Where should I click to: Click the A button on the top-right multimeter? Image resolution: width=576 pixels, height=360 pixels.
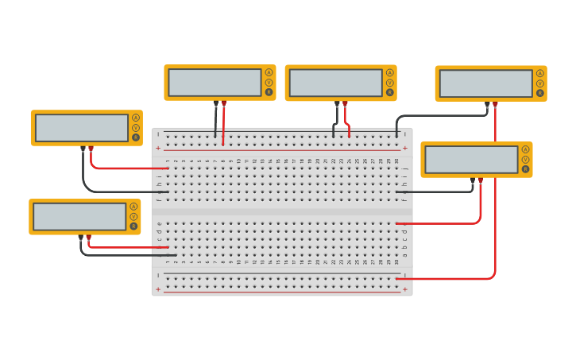click(x=540, y=73)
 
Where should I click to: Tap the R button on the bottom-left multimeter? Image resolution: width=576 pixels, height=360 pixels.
click(x=133, y=226)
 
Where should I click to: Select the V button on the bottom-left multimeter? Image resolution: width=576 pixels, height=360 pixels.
click(x=133, y=216)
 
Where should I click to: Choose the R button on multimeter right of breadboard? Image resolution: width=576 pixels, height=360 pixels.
click(x=525, y=168)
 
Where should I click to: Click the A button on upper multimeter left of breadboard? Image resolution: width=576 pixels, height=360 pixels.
click(x=136, y=118)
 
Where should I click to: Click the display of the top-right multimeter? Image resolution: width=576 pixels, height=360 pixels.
click(x=485, y=83)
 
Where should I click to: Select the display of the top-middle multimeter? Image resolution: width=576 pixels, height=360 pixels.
click(x=336, y=83)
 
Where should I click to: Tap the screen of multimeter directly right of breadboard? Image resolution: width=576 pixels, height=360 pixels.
click(x=471, y=159)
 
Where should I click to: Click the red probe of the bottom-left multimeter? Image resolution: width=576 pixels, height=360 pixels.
click(x=88, y=238)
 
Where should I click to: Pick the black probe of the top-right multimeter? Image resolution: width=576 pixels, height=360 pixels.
click(x=487, y=104)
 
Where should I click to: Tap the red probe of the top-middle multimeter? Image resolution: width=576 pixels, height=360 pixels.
click(x=345, y=103)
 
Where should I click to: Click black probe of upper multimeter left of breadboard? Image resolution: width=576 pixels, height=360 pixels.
click(x=83, y=149)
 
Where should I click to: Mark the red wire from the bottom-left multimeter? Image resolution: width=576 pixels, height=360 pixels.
click(x=127, y=247)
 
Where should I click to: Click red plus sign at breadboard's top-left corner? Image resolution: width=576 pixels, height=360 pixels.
click(x=157, y=148)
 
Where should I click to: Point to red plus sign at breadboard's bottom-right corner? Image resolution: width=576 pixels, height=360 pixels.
click(x=405, y=289)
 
